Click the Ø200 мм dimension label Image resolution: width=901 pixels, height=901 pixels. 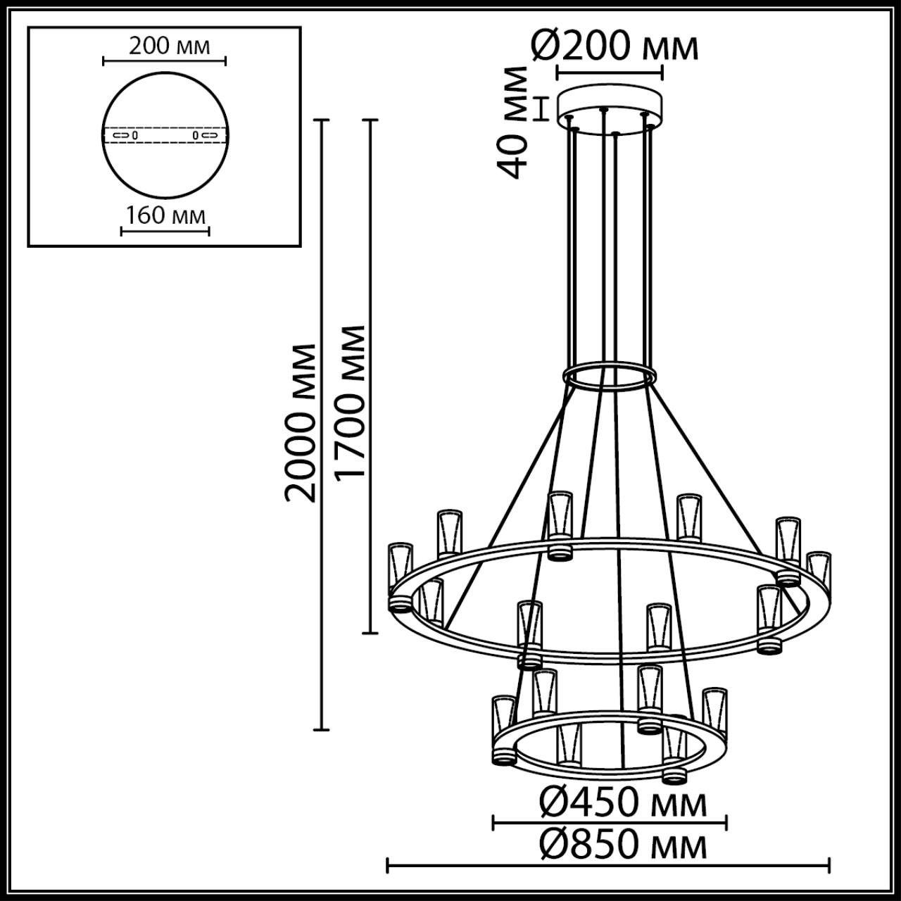pyautogui.click(x=615, y=47)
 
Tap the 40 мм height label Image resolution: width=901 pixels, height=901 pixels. pyautogui.click(x=513, y=122)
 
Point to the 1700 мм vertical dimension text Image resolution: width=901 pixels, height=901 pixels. pyautogui.click(x=351, y=402)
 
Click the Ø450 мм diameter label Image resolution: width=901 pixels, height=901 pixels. pyautogui.click(x=623, y=803)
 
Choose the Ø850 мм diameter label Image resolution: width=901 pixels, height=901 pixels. pyautogui.click(x=623, y=845)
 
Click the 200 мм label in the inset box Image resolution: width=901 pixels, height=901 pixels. pyautogui.click(x=169, y=46)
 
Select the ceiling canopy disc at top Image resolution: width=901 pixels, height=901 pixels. pyautogui.click(x=610, y=106)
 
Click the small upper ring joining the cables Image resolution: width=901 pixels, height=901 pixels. pyautogui.click(x=610, y=376)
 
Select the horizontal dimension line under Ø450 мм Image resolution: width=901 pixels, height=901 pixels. pyautogui.click(x=610, y=821)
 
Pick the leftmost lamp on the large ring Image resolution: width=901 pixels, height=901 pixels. pyautogui.click(x=401, y=567)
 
